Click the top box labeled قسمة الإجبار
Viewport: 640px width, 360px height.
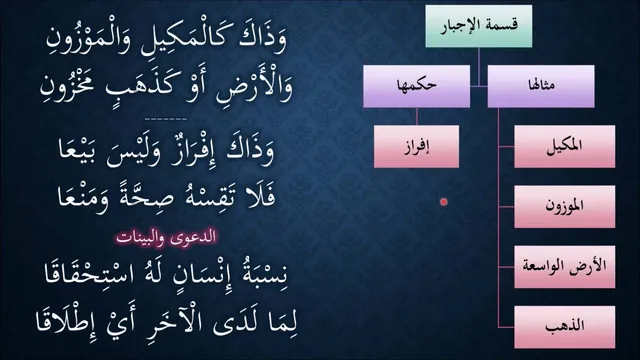[x=479, y=26]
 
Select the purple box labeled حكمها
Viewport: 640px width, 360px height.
[x=416, y=86]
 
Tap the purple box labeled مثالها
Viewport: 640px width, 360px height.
[x=541, y=86]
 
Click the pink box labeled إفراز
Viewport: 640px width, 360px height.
[x=416, y=147]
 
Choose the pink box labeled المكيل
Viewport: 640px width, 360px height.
[x=564, y=147]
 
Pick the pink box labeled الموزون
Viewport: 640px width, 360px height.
[x=564, y=207]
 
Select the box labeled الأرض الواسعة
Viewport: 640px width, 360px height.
[x=564, y=267]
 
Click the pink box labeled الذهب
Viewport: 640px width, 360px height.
[x=564, y=327]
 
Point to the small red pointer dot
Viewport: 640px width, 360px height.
[x=444, y=202]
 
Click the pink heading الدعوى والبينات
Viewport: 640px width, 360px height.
[x=166, y=238]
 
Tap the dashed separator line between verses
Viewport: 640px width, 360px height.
[x=166, y=119]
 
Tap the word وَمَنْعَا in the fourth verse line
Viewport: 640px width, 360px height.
[x=83, y=197]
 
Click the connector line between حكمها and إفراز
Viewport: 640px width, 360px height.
[x=417, y=117]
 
